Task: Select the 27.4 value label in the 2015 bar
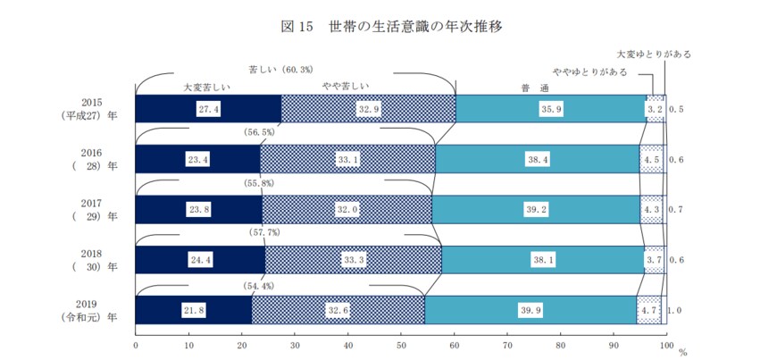[x=209, y=108]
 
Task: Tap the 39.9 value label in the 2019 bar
[x=531, y=309]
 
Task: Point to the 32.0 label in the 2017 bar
[x=346, y=209]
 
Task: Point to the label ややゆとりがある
[x=589, y=71]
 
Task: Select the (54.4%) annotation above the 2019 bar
[x=259, y=286]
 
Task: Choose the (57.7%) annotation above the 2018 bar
[x=262, y=233]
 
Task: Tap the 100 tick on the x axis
[x=664, y=343]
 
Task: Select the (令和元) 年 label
[x=89, y=317]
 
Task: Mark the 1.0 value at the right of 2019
[x=677, y=309]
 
